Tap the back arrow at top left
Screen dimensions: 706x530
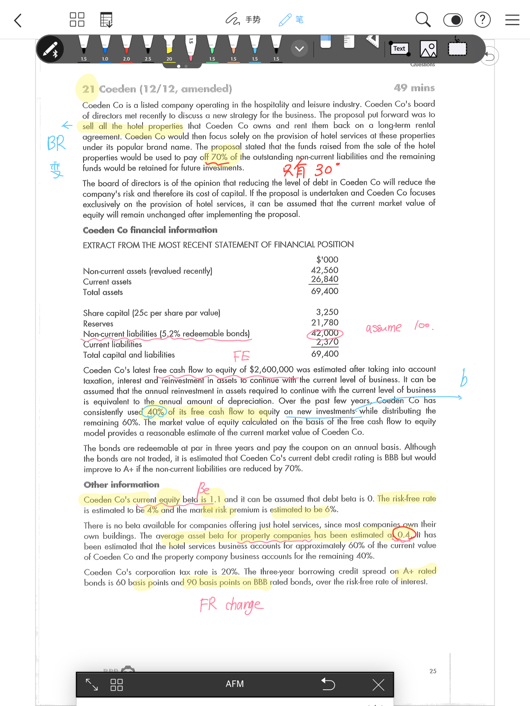tap(18, 20)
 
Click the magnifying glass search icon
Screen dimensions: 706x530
tap(423, 20)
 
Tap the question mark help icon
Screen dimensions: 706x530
tap(482, 20)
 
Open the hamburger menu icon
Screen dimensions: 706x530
tap(512, 20)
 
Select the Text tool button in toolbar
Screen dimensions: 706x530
tap(399, 49)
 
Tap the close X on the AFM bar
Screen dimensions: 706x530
tap(378, 685)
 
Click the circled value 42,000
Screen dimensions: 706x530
tap(325, 333)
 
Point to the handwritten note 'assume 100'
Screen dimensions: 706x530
tap(399, 327)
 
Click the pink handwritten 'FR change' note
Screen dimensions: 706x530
tap(231, 605)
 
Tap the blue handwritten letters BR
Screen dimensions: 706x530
tap(56, 143)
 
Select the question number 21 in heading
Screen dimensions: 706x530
tap(88, 89)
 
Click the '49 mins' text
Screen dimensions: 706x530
tap(414, 88)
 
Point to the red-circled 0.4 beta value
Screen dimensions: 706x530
tap(403, 535)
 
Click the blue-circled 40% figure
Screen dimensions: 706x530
tap(155, 412)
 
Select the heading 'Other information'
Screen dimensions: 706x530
tap(122, 485)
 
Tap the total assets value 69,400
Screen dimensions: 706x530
tap(325, 291)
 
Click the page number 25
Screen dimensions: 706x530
tap(433, 671)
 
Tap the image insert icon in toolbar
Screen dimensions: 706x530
tap(428, 49)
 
